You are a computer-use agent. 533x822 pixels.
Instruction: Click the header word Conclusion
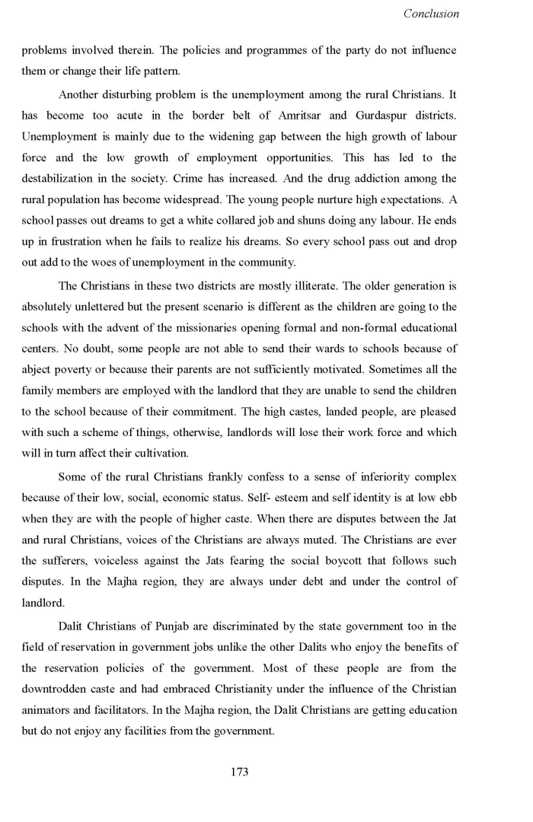pos(431,14)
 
